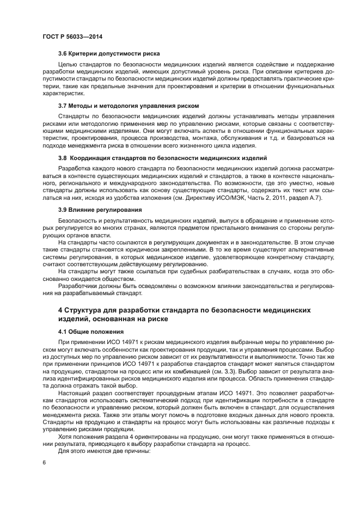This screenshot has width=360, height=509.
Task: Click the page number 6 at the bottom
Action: point(44,462)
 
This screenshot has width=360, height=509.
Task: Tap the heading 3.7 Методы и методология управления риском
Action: point(128,105)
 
